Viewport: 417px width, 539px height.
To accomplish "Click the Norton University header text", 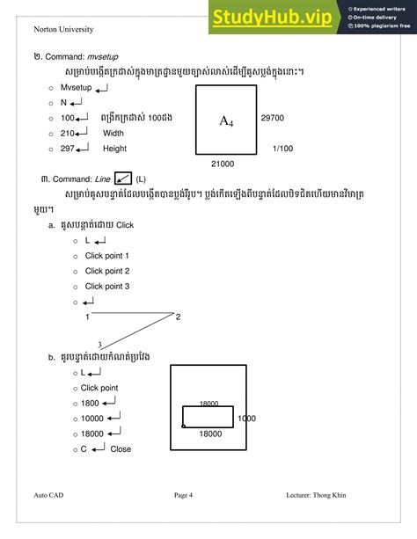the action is coord(62,29).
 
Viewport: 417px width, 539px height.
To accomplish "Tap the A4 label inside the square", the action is coord(226,121).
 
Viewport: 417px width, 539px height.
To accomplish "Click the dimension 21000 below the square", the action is coord(223,164).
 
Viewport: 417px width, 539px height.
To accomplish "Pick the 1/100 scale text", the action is coord(283,149).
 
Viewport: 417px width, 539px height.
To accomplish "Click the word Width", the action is coord(113,134).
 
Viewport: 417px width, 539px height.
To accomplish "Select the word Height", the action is coord(114,149).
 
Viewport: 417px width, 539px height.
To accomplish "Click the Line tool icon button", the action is coord(123,178).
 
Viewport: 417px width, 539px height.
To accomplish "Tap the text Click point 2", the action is coord(107,271).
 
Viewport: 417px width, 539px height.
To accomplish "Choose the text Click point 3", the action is coord(107,286).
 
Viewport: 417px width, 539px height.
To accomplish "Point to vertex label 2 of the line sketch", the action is coord(178,317).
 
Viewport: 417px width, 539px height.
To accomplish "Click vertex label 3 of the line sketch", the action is coord(99,344).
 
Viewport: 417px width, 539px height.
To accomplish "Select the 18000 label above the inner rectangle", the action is coord(210,402).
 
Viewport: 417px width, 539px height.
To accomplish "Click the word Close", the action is coord(121,448).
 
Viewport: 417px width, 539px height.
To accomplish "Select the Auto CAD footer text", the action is coord(48,495).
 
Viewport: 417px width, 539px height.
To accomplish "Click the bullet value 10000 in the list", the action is coord(91,418).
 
